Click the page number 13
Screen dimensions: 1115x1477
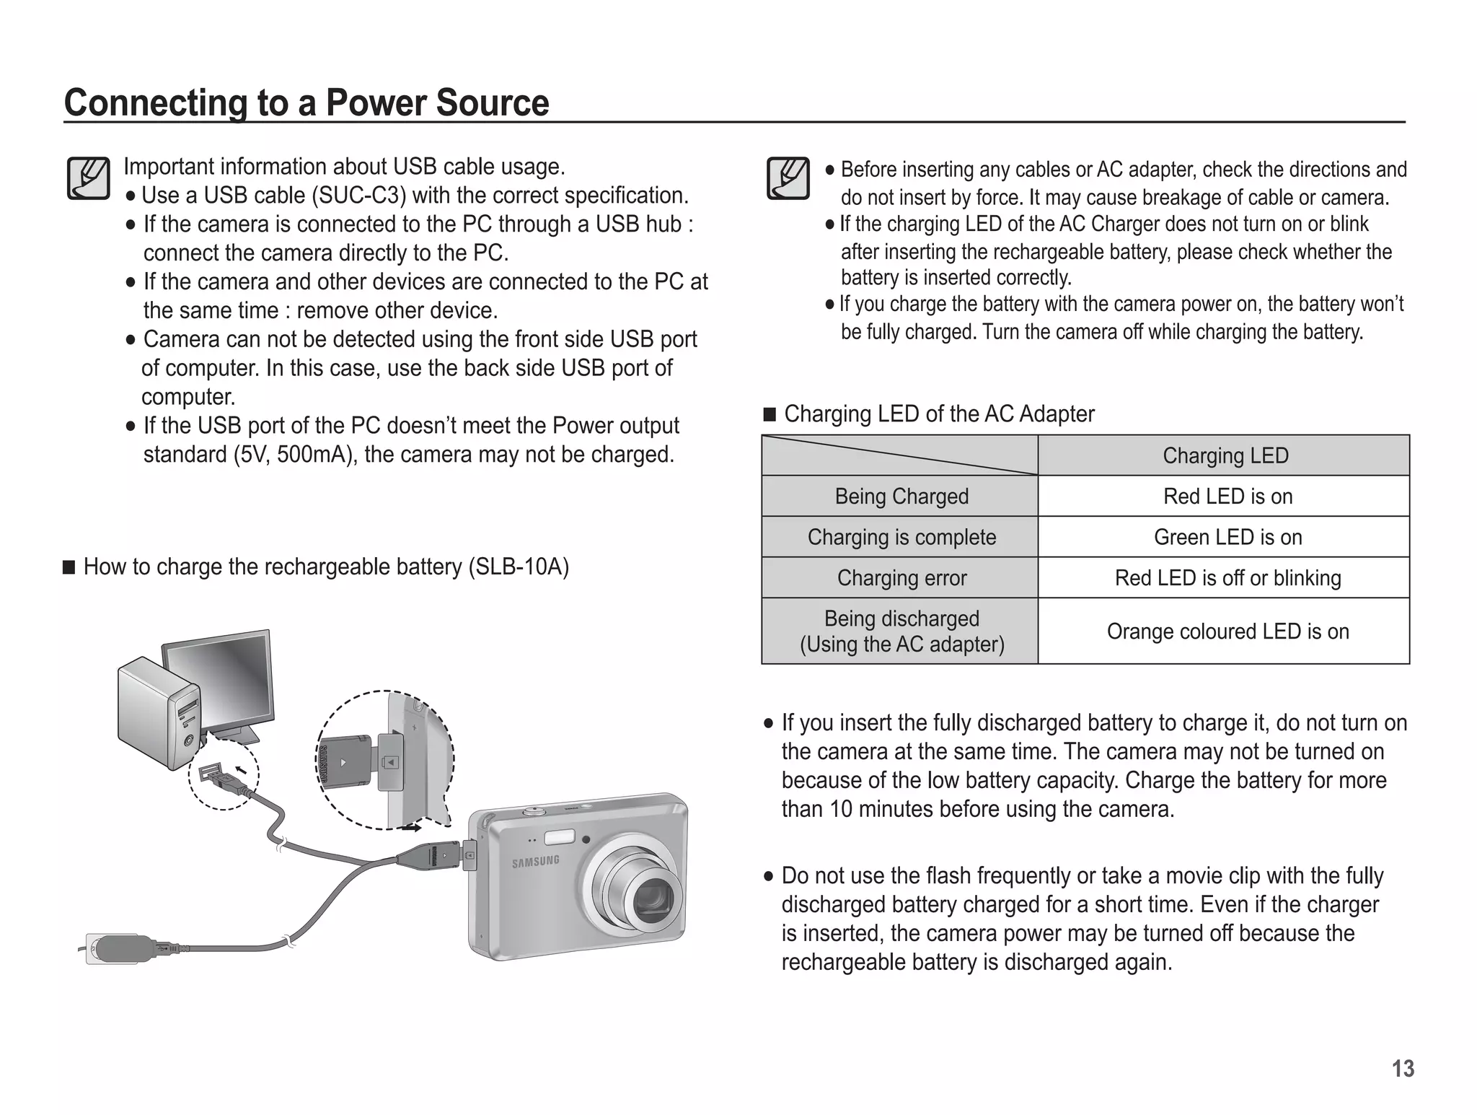(x=1402, y=1069)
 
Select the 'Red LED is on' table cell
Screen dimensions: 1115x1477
(x=1227, y=497)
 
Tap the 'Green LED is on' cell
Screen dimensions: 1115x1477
(x=1227, y=537)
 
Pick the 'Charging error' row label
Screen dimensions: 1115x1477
(x=901, y=578)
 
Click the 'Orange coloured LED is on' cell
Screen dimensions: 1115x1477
(x=1227, y=631)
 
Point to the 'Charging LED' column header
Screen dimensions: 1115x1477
(x=1225, y=455)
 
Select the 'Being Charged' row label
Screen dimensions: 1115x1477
(x=901, y=497)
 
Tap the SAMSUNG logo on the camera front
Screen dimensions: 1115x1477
(x=535, y=861)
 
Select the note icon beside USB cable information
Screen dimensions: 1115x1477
(x=88, y=178)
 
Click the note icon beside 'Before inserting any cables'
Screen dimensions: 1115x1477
(x=788, y=178)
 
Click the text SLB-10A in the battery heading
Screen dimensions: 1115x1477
(x=519, y=567)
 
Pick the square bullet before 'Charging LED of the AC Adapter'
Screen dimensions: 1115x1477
(x=770, y=414)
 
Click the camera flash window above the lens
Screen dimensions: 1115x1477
(x=559, y=837)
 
